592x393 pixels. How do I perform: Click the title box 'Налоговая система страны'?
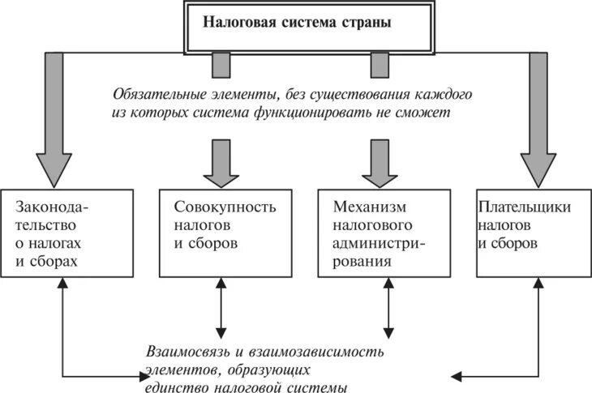(295, 24)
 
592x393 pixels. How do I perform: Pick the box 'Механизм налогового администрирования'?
(384, 231)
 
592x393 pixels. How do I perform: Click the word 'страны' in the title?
(367, 23)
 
